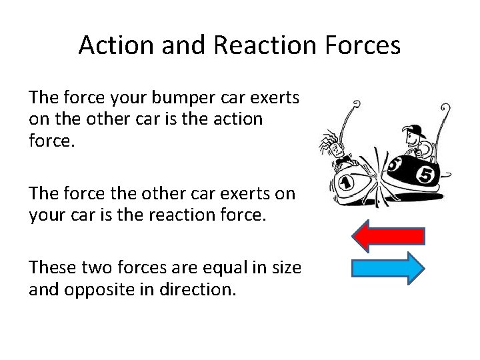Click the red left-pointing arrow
pos(388,236)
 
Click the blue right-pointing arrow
pos(388,268)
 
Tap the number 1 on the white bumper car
pos(346,183)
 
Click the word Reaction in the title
pos(251,45)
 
